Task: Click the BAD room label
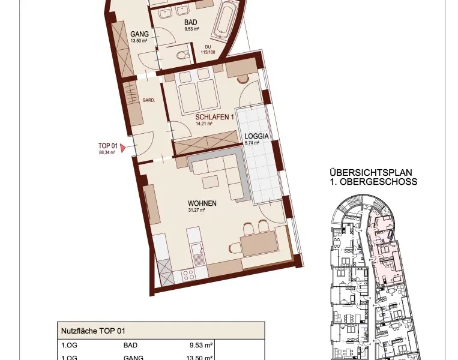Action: click(x=191, y=22)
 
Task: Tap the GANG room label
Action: click(x=139, y=34)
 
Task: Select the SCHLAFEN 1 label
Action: click(x=214, y=117)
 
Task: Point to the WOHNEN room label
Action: click(x=202, y=203)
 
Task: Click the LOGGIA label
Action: click(x=256, y=136)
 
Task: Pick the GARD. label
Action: click(x=149, y=100)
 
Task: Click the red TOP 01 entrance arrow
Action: click(x=123, y=148)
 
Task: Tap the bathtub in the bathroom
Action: click(x=225, y=20)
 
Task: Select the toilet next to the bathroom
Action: click(x=183, y=55)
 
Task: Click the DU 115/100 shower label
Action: click(x=208, y=50)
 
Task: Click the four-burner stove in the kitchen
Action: click(x=188, y=275)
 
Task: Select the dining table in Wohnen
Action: click(x=259, y=243)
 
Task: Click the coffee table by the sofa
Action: click(x=210, y=182)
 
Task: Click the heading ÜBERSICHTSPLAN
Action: click(x=371, y=172)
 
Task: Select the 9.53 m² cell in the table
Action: click(x=201, y=345)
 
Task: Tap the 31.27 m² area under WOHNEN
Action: click(x=196, y=209)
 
